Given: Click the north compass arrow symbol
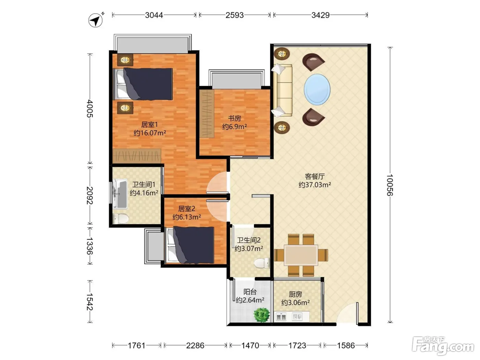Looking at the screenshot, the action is point(96,20).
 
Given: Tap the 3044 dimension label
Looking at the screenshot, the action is point(154,15).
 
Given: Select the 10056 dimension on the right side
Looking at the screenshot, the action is point(390,185).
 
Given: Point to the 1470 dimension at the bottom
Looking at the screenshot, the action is point(250,346).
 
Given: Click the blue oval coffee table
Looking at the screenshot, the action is point(317,89).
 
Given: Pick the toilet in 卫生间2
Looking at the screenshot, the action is point(262,263).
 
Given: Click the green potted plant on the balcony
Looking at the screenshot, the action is point(262,314).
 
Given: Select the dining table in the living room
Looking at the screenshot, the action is point(301,255).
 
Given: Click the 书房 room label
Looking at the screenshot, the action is point(235,118).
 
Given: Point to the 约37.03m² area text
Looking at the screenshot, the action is point(315,185).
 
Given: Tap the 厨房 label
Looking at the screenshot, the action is point(295,294).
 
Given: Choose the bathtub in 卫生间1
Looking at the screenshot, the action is point(120,194).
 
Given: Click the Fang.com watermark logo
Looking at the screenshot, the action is point(443,346).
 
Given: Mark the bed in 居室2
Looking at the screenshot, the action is point(190,245).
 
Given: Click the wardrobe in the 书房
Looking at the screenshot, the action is point(207,113).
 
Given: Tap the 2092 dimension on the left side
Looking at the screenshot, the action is point(90,195).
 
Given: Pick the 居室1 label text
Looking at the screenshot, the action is point(149,124).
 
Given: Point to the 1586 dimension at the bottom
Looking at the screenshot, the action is point(346,346).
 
